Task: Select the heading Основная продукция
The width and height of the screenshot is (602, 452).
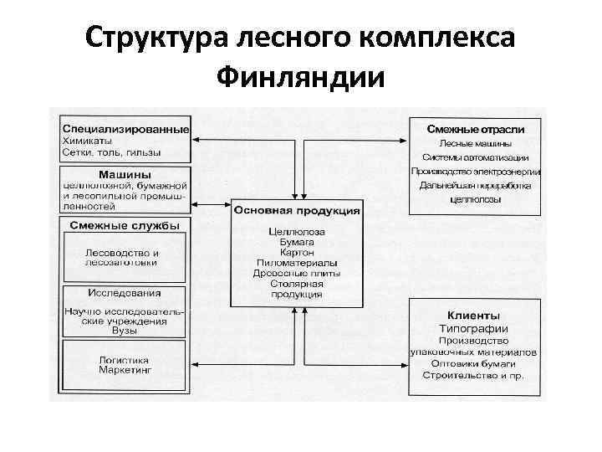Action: tap(297, 210)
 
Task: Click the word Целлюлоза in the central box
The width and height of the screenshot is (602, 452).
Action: tap(297, 231)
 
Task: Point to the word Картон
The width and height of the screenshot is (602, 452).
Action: tap(297, 252)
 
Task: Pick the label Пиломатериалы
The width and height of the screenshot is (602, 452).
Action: tap(297, 263)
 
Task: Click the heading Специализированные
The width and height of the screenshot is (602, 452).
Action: tap(125, 130)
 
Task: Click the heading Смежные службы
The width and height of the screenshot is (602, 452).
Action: tap(119, 225)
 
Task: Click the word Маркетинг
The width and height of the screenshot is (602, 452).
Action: tap(125, 369)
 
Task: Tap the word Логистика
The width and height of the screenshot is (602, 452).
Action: tap(125, 358)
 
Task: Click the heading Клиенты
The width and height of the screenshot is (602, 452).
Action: tap(475, 316)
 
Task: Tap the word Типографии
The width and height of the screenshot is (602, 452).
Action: tap(475, 328)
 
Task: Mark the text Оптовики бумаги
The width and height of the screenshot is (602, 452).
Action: tap(475, 365)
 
